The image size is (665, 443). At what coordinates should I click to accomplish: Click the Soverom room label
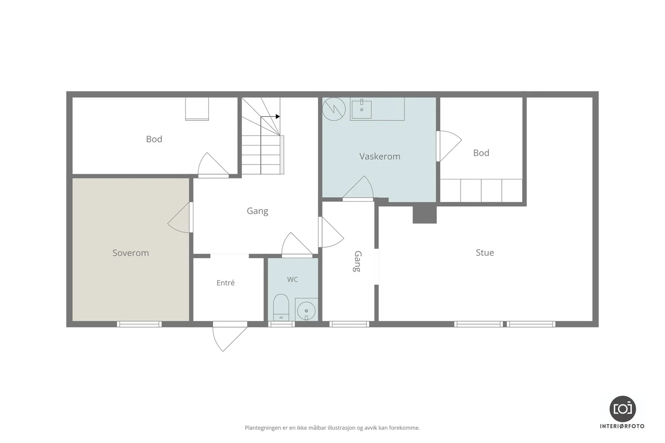pos(131,253)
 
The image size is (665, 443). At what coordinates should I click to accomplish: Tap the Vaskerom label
pos(380,156)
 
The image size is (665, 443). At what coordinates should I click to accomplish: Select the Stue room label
pos(485,252)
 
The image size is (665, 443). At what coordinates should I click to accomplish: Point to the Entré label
pos(225,283)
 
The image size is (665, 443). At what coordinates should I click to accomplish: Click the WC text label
pos(293,279)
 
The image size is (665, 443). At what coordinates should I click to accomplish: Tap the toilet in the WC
pos(281,308)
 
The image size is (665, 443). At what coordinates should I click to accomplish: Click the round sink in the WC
pos(306,311)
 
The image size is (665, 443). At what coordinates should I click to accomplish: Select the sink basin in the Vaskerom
pos(362,110)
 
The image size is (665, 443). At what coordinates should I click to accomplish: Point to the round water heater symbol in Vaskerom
pos(334,109)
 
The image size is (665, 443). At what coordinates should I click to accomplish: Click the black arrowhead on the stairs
pos(278,117)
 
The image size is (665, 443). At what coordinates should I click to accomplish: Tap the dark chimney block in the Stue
pos(424,215)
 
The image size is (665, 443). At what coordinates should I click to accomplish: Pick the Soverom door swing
pos(179,218)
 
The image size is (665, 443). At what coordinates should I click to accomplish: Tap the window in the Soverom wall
pos(139,324)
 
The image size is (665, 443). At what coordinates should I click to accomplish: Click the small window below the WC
pos(281,324)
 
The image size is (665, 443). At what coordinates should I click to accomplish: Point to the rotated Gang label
pos(358,262)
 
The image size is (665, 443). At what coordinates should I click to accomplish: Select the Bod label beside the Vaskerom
pos(481,153)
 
